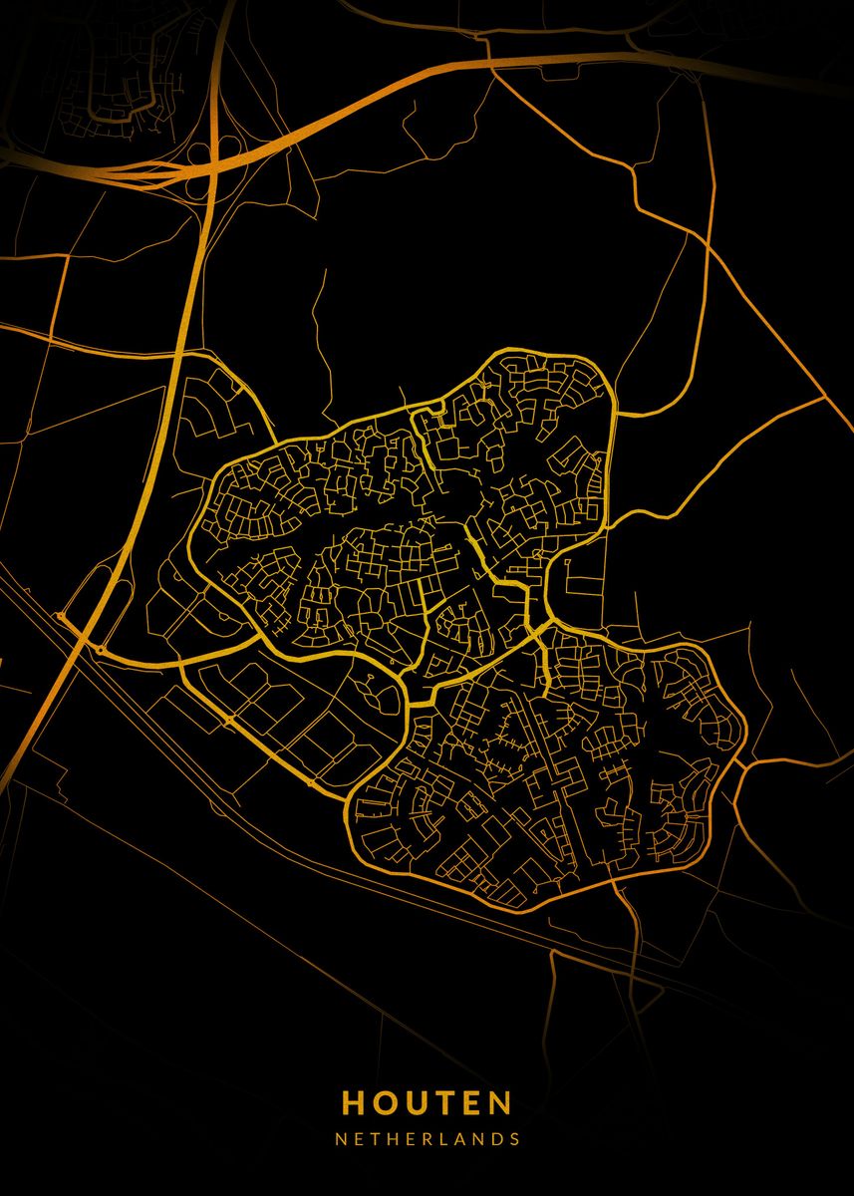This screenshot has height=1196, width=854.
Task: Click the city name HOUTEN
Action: [427, 1102]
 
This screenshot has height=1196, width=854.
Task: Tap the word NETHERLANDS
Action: [427, 1138]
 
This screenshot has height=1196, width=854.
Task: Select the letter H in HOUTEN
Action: [354, 1102]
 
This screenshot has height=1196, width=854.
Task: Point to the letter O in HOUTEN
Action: [384, 1102]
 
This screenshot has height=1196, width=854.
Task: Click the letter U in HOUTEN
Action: [414, 1102]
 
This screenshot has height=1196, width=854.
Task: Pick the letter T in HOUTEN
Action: [441, 1102]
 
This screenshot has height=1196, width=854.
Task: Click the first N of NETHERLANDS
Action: [341, 1138]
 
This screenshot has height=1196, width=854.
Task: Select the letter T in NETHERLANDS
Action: [375, 1138]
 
